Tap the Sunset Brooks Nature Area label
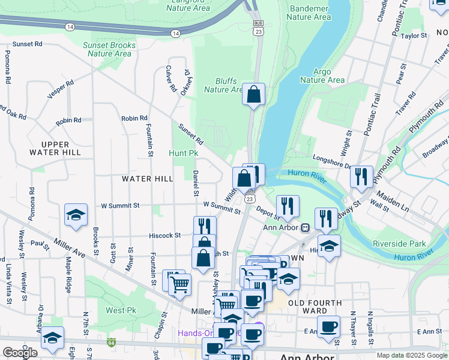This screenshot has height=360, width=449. click(x=109, y=49)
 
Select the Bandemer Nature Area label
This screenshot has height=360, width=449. click(x=309, y=13)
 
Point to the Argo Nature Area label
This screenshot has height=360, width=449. click(x=322, y=76)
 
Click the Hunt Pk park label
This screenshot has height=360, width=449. click(x=183, y=154)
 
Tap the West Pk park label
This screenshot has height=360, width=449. click(x=120, y=310)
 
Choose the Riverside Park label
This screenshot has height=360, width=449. click(x=399, y=244)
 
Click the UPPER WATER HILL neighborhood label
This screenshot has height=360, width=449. click(x=61, y=148)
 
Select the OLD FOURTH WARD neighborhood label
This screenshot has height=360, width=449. click(x=315, y=307)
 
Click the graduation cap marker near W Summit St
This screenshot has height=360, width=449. click(x=76, y=215)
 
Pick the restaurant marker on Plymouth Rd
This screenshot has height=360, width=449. click(x=361, y=176)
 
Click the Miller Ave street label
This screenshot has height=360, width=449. click(x=70, y=246)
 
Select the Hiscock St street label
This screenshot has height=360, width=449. click(x=165, y=236)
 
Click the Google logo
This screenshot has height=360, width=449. click(x=20, y=353)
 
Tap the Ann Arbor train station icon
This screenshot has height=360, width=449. click(x=305, y=227)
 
